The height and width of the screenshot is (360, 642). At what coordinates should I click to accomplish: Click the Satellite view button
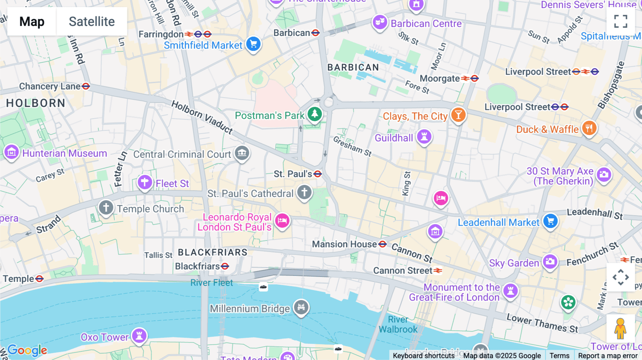[x=92, y=21]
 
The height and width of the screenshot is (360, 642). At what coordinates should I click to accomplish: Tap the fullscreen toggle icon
[x=621, y=21]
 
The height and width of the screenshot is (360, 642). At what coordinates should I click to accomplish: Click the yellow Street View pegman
[x=620, y=328]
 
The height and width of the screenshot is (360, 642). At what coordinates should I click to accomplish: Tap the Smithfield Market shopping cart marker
[x=254, y=44]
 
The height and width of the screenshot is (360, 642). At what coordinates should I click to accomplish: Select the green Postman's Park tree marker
[x=315, y=114]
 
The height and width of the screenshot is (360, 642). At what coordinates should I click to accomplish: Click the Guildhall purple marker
[x=424, y=137]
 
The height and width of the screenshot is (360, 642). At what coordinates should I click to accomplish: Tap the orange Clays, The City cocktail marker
[x=458, y=115]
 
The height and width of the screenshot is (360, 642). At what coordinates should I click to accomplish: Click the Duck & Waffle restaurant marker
[x=589, y=128]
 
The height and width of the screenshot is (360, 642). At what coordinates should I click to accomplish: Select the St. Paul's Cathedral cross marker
[x=304, y=192]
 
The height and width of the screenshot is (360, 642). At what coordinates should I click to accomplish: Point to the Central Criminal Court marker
[x=242, y=153]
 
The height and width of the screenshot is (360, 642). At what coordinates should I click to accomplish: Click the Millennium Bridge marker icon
[x=301, y=307]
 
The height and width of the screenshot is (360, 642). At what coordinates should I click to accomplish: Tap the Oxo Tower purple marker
[x=139, y=335]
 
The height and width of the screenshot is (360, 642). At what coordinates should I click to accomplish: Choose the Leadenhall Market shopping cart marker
[x=550, y=221]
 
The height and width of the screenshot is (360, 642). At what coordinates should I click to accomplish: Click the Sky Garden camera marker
[x=550, y=262]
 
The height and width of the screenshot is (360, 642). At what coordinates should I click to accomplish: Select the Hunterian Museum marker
[x=11, y=152]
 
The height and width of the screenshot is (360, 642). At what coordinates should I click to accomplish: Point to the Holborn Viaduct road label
[x=202, y=117]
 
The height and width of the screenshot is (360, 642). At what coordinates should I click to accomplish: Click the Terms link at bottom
[x=559, y=355]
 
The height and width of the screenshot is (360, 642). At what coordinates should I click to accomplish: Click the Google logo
[x=27, y=350]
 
